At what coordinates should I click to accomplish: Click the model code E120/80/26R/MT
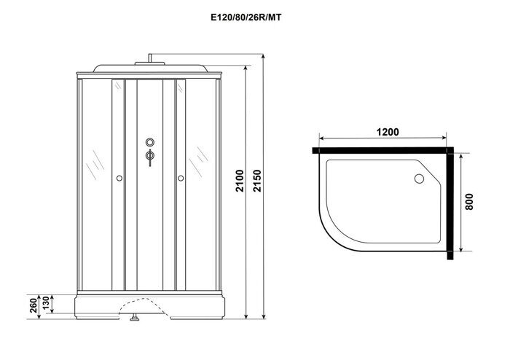pyautogui.click(x=246, y=17)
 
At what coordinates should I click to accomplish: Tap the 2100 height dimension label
pyautogui.click(x=240, y=181)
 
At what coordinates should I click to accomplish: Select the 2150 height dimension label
pyautogui.click(x=257, y=181)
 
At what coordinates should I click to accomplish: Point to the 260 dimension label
pyautogui.click(x=34, y=305)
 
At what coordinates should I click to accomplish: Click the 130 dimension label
pyautogui.click(x=46, y=303)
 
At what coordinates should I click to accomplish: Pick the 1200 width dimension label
pyautogui.click(x=388, y=132)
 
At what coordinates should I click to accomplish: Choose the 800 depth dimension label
pyautogui.click(x=469, y=202)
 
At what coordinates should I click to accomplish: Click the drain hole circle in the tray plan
pyautogui.click(x=419, y=179)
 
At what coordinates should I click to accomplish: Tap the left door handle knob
pyautogui.click(x=119, y=179)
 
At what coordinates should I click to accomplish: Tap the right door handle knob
pyautogui.click(x=181, y=179)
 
